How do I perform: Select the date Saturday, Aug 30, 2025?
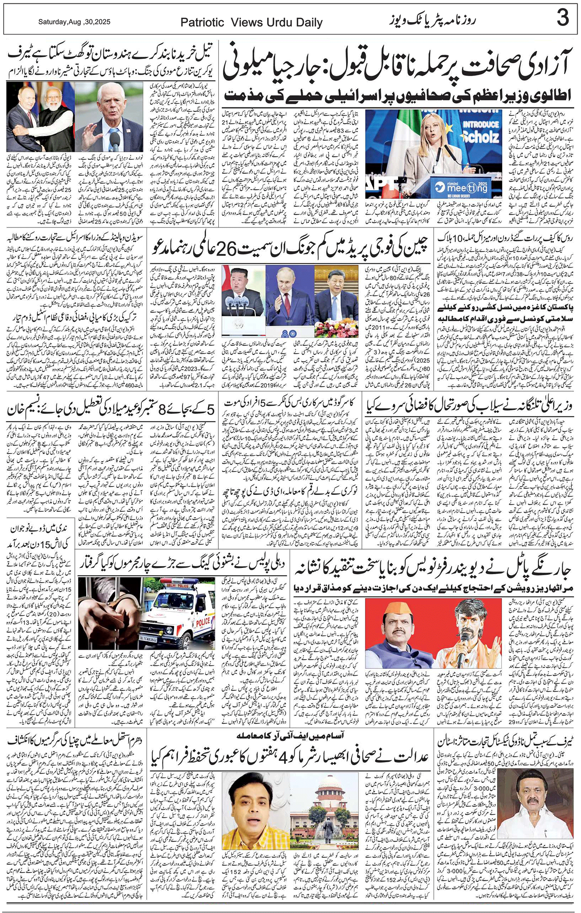tap(74, 23)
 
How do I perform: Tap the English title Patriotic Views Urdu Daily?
tap(251, 23)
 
